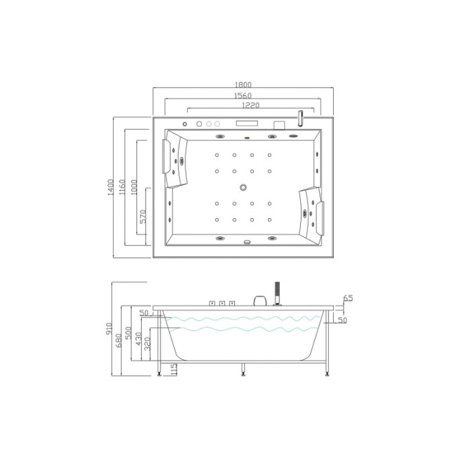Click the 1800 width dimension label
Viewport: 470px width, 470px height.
[243, 85]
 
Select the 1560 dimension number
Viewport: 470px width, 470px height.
[243, 96]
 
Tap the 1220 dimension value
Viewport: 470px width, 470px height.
[250, 105]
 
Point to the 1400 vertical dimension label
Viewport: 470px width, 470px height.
[111, 187]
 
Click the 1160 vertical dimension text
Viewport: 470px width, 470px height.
[122, 187]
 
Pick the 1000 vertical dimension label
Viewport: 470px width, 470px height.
[134, 187]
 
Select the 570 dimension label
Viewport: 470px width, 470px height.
[143, 216]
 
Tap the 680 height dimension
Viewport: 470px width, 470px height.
[119, 340]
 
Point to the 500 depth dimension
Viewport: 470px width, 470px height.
[128, 333]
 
